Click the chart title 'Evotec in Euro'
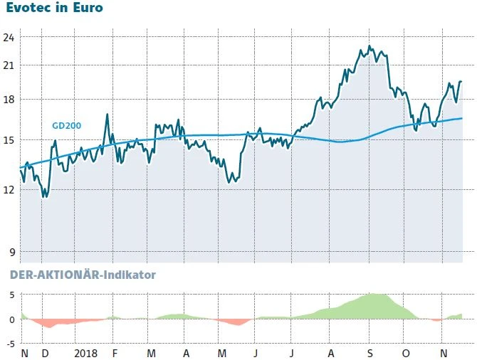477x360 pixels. click(x=54, y=9)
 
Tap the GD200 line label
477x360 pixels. click(x=67, y=125)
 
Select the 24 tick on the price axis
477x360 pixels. click(x=11, y=36)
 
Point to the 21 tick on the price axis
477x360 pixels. click(x=11, y=65)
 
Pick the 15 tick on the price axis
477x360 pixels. click(x=11, y=140)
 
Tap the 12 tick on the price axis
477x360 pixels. click(x=11, y=189)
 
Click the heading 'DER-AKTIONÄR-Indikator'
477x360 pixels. click(x=81, y=274)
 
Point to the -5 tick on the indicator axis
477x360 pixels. click(x=9, y=344)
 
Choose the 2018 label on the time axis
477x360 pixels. click(x=85, y=353)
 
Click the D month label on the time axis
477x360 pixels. click(x=46, y=353)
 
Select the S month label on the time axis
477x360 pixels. click(x=369, y=353)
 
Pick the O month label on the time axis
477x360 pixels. click(x=406, y=353)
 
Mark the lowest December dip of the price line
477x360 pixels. click(x=44, y=196)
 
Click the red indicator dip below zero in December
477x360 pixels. click(x=48, y=327)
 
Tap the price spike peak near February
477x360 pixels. click(x=107, y=114)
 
